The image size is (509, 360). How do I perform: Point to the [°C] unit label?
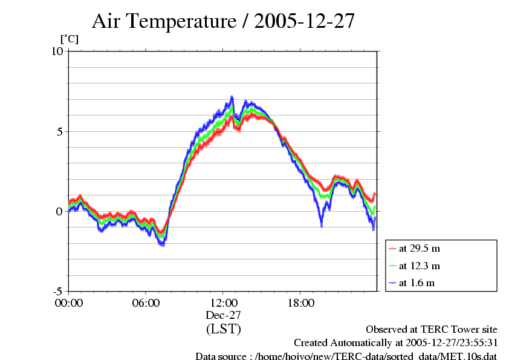[x=69, y=39]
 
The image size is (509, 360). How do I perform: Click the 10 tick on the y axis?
[x=57, y=51]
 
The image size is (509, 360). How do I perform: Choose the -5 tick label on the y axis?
[x=57, y=291]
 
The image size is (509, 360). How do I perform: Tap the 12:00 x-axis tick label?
[x=223, y=303]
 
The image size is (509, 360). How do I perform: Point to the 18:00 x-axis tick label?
[x=300, y=303]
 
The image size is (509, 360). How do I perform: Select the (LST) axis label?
[x=223, y=330]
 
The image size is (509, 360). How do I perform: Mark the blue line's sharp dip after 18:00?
[x=321, y=224]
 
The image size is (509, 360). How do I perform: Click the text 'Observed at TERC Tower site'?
[x=432, y=330]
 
